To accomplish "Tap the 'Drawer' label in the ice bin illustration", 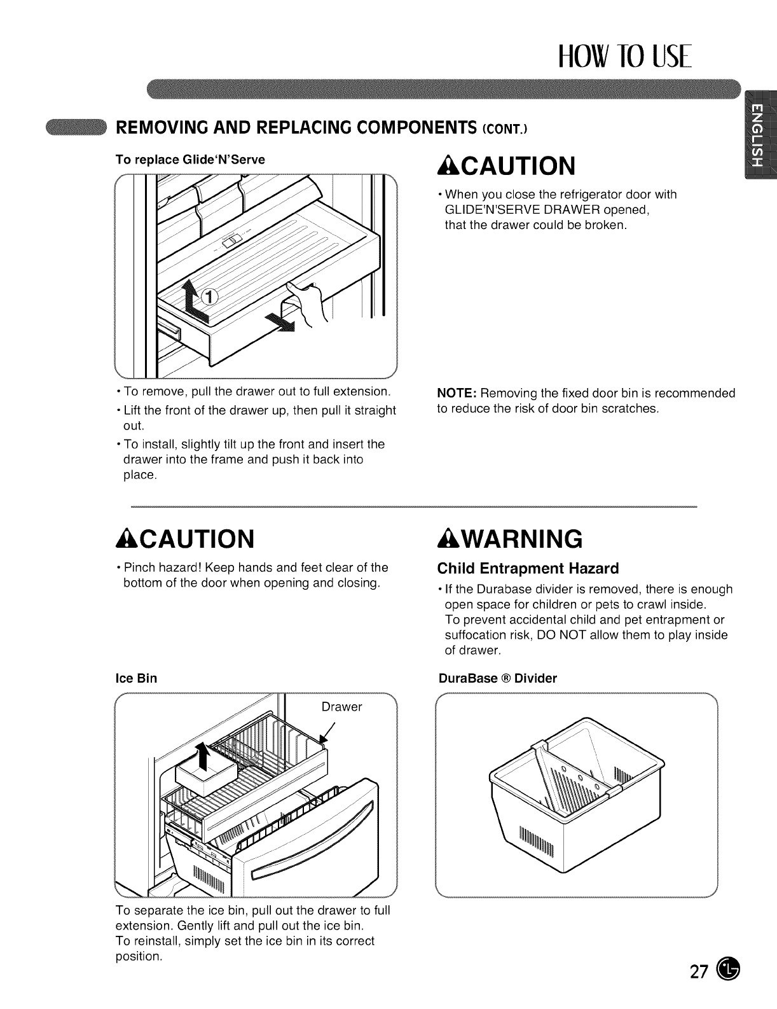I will (341, 707).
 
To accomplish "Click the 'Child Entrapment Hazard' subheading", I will (527, 567).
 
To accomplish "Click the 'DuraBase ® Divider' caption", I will (498, 678).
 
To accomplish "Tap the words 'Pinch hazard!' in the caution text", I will (158, 567).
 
